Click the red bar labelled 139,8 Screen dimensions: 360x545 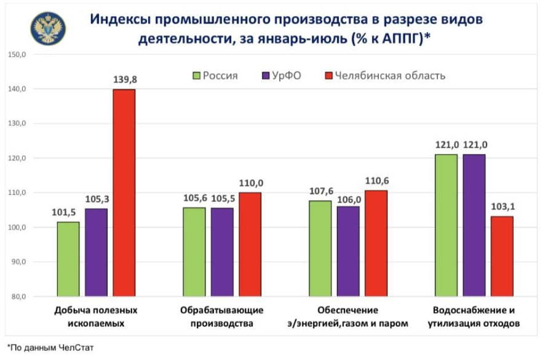point(124,193)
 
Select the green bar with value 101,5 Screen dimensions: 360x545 point(68,259)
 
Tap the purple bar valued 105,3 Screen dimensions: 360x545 point(96,252)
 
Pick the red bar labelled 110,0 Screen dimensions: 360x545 point(250,244)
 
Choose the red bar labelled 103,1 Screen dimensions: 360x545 point(502,256)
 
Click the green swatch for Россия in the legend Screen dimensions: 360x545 point(197,76)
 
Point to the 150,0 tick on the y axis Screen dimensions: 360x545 point(17,55)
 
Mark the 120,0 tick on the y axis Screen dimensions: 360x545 point(17,158)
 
